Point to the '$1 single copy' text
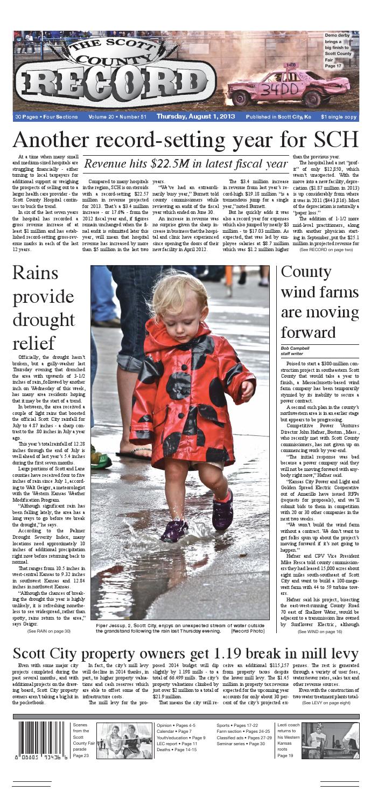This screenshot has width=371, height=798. pos(338,116)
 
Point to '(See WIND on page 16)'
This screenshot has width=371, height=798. pos(320,631)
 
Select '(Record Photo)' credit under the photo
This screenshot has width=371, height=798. pos(248,630)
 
